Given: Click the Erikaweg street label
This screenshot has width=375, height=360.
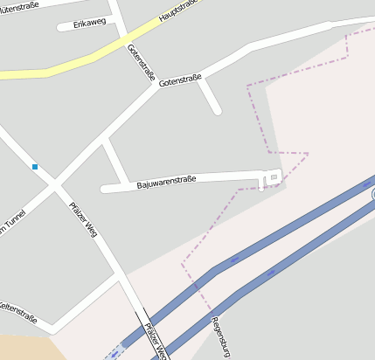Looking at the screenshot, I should tap(90, 21).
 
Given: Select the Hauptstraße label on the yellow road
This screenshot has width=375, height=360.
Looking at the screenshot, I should tap(178, 11).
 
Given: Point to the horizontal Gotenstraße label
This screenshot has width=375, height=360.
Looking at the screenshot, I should tap(179, 79).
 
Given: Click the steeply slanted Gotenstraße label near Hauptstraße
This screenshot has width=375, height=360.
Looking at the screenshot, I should tap(140, 59).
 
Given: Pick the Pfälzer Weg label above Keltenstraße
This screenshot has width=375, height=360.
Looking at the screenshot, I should tap(83, 220).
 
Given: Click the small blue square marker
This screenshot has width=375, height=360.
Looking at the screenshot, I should tap(35, 166).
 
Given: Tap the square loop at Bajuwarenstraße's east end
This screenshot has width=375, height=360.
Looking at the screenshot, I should tap(272, 178).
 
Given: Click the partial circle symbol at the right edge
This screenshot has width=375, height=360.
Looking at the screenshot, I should tap(372, 194).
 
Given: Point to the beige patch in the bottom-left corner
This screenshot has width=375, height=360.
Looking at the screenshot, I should tap(26, 348).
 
